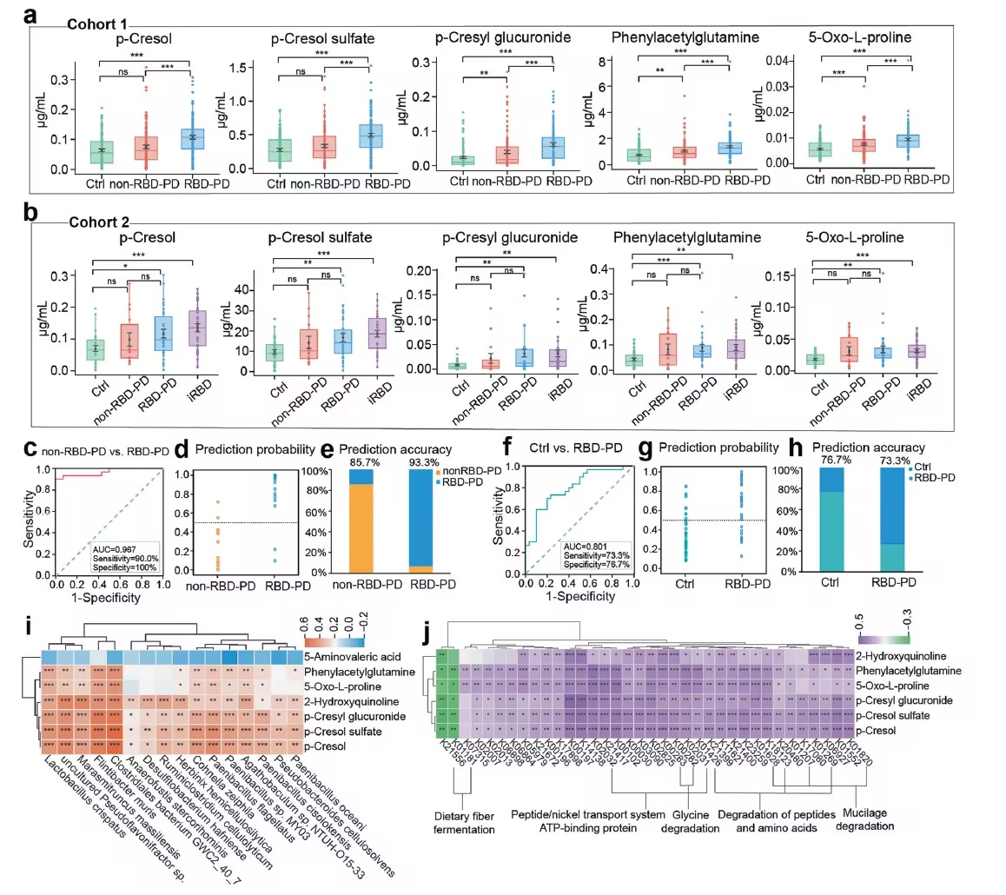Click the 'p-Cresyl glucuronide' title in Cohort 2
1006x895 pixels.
click(x=493, y=235)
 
